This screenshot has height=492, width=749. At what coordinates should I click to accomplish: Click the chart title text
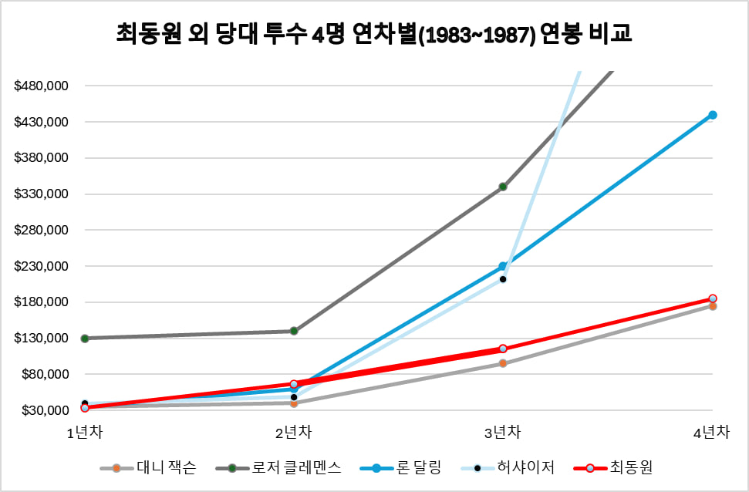click(x=374, y=35)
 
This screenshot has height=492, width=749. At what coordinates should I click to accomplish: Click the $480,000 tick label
click(x=42, y=86)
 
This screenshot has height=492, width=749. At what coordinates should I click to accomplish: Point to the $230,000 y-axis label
click(x=42, y=266)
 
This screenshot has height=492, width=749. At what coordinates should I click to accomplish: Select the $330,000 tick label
click(x=42, y=194)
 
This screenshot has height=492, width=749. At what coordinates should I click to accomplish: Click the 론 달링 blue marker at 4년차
click(x=713, y=115)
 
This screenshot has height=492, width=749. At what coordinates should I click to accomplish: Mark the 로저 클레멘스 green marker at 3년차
click(x=503, y=187)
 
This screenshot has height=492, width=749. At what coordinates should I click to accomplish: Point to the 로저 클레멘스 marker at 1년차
click(x=85, y=339)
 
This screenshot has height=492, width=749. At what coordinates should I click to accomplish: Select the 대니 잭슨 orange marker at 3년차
click(x=503, y=363)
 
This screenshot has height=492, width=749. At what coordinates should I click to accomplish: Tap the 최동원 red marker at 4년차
click(x=713, y=298)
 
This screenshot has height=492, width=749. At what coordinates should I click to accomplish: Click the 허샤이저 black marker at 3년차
click(x=503, y=279)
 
